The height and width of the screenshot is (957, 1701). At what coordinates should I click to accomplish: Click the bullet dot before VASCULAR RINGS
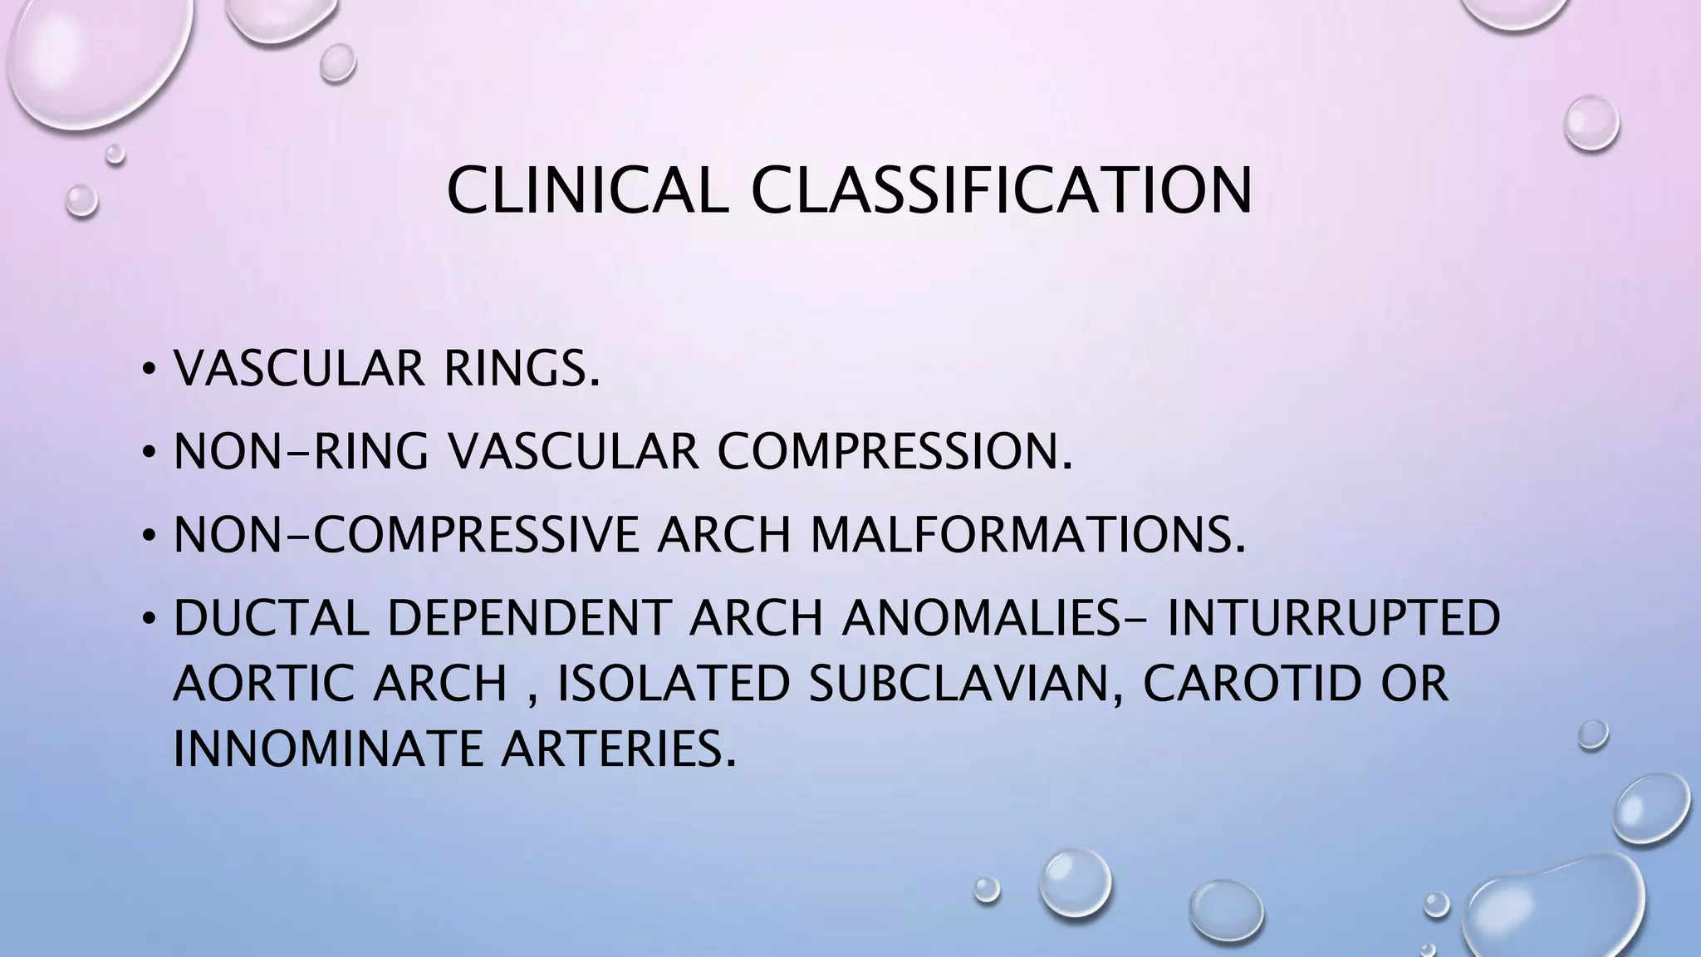(148, 370)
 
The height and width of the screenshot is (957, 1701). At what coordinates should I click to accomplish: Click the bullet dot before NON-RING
(148, 453)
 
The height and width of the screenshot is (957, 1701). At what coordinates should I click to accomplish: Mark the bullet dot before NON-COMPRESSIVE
(148, 536)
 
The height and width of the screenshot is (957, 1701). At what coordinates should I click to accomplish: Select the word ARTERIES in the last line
(619, 748)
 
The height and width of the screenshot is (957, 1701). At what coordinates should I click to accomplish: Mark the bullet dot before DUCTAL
(148, 619)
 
